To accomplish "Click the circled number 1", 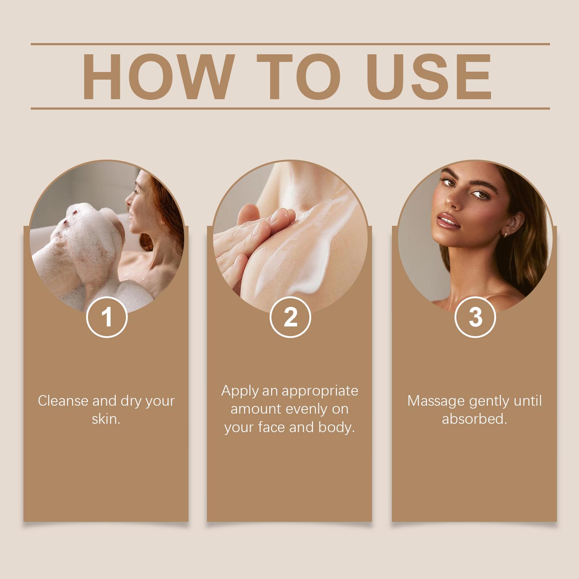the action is click(x=107, y=317).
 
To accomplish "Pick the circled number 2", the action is click(x=290, y=317).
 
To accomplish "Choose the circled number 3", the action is click(x=475, y=317).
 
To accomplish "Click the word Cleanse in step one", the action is click(x=63, y=401).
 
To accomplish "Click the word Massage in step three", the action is click(x=436, y=401).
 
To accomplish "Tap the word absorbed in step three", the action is click(x=474, y=419).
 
